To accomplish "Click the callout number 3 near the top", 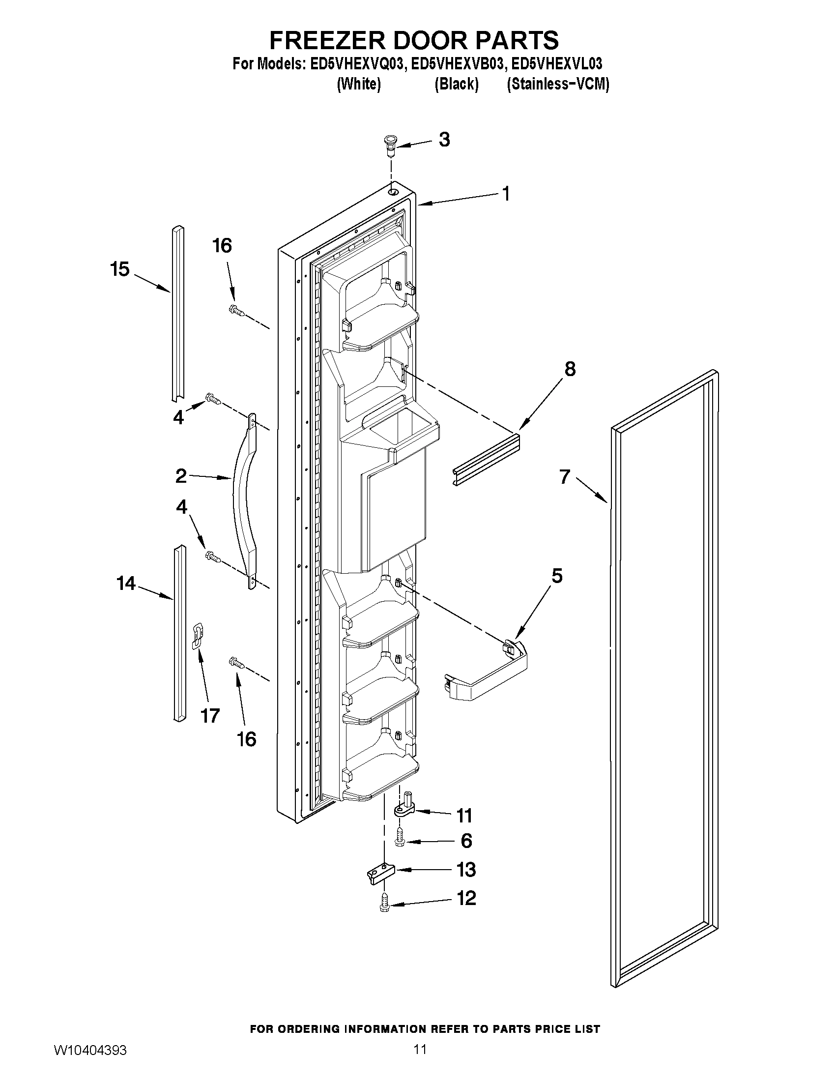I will click(444, 140).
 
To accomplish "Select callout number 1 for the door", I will click(505, 194).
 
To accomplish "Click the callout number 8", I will click(570, 369).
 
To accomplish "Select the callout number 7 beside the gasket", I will click(565, 476).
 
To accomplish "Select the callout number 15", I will click(120, 269).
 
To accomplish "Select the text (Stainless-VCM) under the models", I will click(558, 84).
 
